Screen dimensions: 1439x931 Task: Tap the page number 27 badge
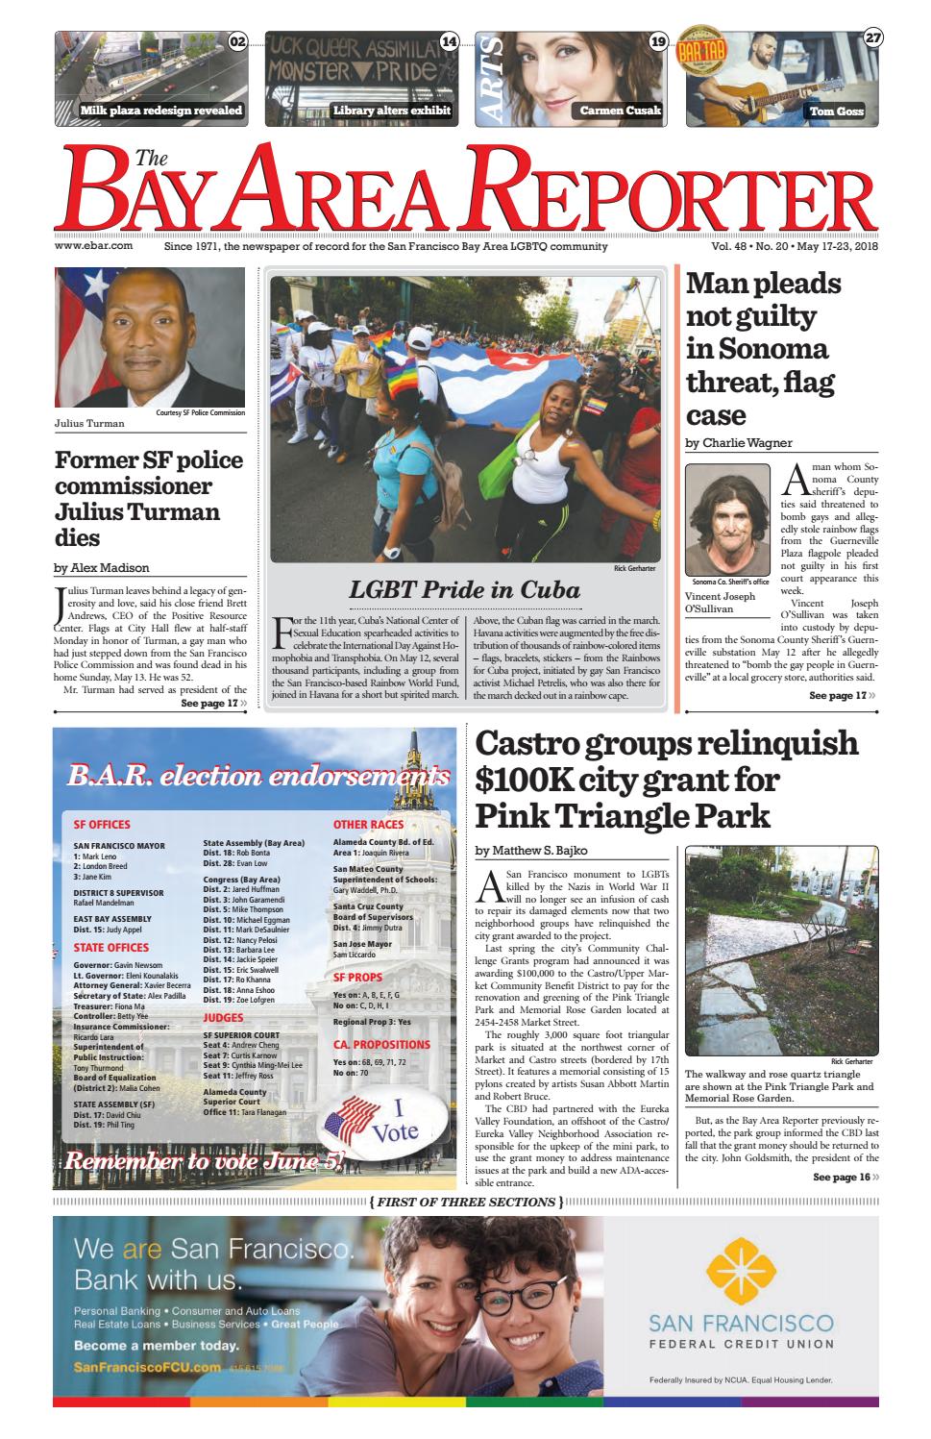[872, 39]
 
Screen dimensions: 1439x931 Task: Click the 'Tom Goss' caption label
[836, 112]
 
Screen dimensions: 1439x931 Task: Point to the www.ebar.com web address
[93, 246]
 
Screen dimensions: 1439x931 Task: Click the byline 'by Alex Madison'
[102, 567]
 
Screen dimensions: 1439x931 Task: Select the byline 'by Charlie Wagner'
[739, 443]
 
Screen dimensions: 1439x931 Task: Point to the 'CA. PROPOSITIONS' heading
[381, 1045]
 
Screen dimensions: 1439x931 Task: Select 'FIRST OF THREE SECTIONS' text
[465, 1203]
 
